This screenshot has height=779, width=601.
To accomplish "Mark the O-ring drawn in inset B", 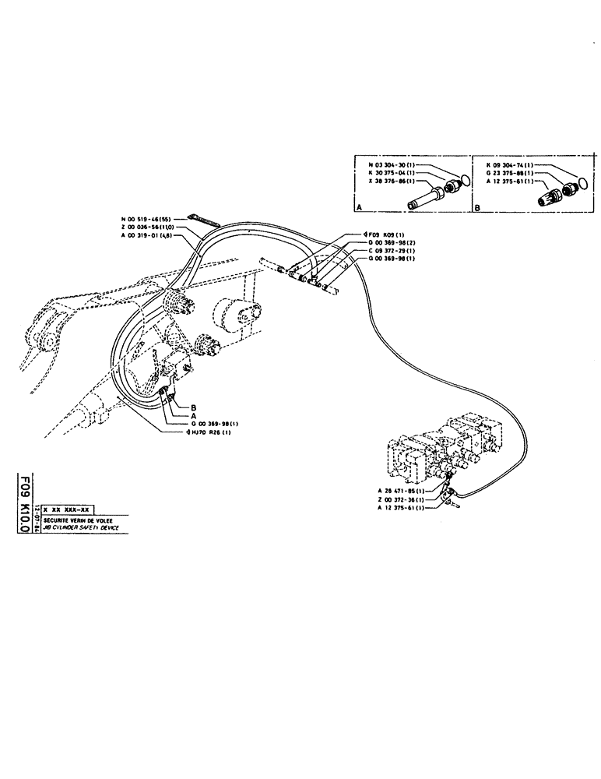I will click(581, 182).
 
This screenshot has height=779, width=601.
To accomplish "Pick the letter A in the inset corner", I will click(359, 209).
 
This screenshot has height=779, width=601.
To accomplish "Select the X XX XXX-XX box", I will click(71, 508).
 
